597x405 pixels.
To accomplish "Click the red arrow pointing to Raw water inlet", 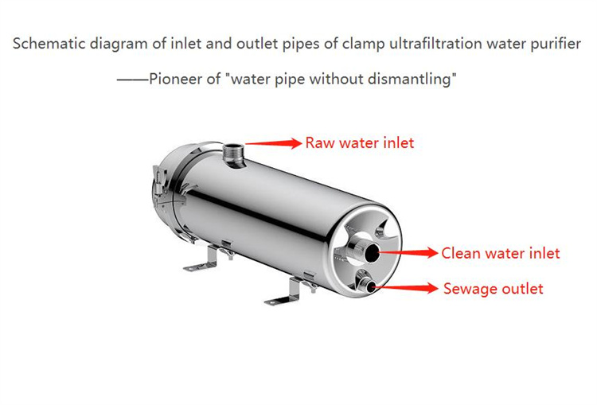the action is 273,143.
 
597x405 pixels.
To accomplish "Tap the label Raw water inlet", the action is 360,142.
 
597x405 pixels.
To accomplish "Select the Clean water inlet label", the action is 501,253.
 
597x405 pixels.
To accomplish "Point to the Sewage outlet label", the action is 493,289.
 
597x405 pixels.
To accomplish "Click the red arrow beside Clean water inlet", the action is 408,252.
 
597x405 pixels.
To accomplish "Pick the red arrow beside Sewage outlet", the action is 404,288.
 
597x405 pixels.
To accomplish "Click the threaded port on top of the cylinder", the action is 234,154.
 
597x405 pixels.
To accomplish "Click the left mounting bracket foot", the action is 202,259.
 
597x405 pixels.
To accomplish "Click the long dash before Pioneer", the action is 132,80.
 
